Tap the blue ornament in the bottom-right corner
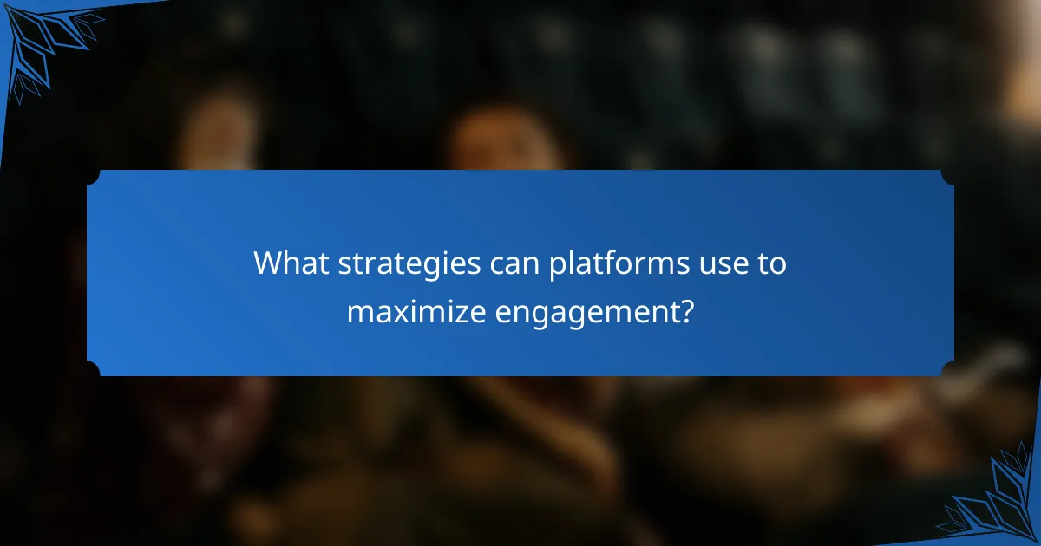(998, 503)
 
